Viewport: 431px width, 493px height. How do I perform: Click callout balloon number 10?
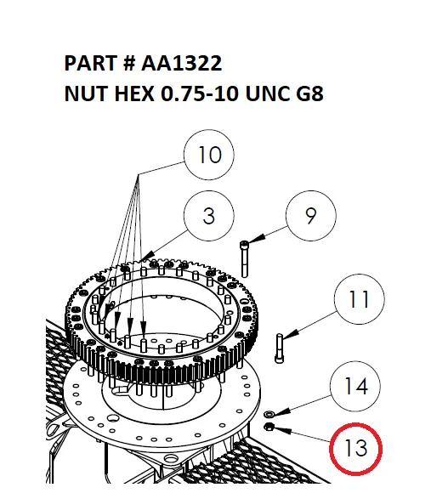[209, 156]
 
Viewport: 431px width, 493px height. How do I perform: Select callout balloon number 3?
[209, 216]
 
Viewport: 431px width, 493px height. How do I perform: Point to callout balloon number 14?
[355, 387]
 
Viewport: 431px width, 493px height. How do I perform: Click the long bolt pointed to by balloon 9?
[246, 257]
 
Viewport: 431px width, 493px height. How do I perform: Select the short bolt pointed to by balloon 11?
[280, 348]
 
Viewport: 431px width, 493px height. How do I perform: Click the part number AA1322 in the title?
[180, 64]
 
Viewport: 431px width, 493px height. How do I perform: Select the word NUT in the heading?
[84, 93]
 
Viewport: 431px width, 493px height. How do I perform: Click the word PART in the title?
[90, 64]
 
